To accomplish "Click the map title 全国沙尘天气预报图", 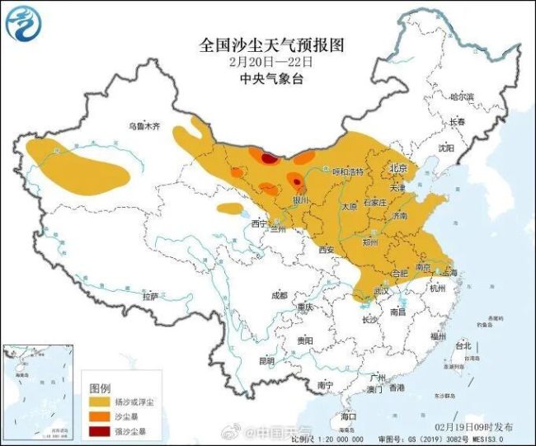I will (x=267, y=45).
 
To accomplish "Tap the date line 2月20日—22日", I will (x=267, y=61).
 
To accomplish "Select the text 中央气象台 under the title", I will (x=267, y=79).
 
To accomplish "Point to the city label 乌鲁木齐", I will (x=143, y=126).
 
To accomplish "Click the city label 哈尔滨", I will (x=463, y=97).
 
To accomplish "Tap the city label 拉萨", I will (x=150, y=295).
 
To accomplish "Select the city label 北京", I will (x=399, y=166).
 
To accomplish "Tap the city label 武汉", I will (x=380, y=291).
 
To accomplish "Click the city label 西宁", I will (x=260, y=223).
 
